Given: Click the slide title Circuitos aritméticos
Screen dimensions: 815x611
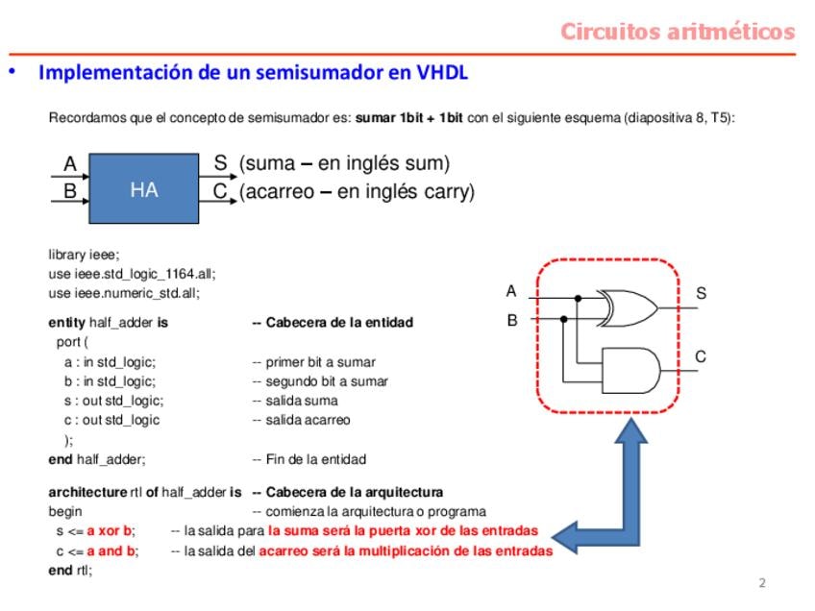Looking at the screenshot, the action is click(x=678, y=32).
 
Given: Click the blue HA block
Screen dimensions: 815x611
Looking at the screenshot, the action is click(x=144, y=190).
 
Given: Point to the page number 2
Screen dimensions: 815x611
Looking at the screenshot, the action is click(x=762, y=583).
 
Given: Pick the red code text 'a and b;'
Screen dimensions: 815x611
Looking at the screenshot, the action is click(x=112, y=550).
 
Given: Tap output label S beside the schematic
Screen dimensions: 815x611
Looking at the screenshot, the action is click(x=701, y=293).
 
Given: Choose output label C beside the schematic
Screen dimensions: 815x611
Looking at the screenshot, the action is click(x=701, y=356).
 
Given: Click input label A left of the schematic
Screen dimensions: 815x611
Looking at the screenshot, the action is click(x=511, y=291).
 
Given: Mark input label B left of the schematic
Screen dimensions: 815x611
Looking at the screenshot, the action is click(x=511, y=320).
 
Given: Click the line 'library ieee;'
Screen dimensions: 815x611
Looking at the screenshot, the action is click(x=85, y=254).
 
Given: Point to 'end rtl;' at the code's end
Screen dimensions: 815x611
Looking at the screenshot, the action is click(x=70, y=570).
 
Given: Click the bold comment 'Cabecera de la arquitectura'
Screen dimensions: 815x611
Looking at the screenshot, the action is click(x=347, y=492).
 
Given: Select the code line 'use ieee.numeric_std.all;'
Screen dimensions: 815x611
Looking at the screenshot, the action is click(x=124, y=293).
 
